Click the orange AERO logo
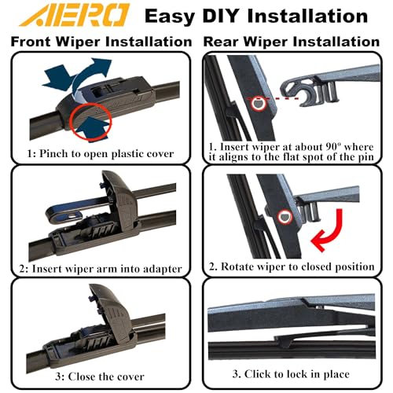(74, 15)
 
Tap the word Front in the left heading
(31, 42)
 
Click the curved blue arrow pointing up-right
(86, 76)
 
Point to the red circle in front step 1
(90, 121)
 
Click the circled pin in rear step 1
(259, 103)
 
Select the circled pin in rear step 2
(285, 217)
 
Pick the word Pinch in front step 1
(54, 153)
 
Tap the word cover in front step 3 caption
(130, 376)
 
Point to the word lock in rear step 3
(297, 374)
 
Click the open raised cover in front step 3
(111, 314)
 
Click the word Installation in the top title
(307, 16)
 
